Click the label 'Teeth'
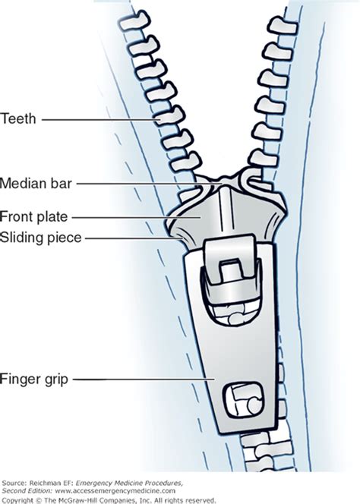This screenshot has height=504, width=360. tap(18, 118)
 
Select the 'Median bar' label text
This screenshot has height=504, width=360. tap(36, 184)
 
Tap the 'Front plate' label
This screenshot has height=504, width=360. tap(33, 216)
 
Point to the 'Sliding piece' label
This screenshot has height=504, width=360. tap(41, 238)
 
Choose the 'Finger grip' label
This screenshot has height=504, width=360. tap(34, 380)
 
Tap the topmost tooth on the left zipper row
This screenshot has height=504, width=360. tap(134, 21)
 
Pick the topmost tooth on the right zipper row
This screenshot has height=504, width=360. tap(283, 25)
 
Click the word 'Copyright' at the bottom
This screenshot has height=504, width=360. tap(17, 500)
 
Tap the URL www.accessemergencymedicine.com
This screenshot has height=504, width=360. tap(115, 491)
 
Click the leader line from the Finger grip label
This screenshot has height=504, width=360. tap(144, 380)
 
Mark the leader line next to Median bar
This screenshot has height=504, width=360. tap(150, 184)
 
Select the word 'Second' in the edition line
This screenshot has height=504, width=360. tap(11, 491)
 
